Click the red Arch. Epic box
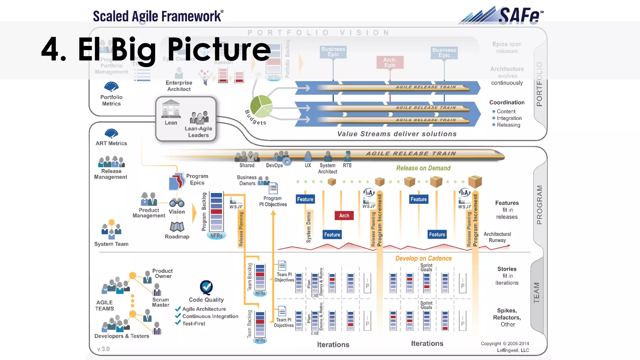390,62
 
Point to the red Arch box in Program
344,215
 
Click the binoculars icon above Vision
177,203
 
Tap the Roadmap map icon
177,227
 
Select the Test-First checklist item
194,324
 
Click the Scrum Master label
161,302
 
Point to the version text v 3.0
103,349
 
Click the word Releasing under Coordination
508,125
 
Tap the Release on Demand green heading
423,168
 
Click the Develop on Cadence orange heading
423,258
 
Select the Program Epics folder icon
176,182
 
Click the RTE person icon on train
347,156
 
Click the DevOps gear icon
287,161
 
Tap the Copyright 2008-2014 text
505,343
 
